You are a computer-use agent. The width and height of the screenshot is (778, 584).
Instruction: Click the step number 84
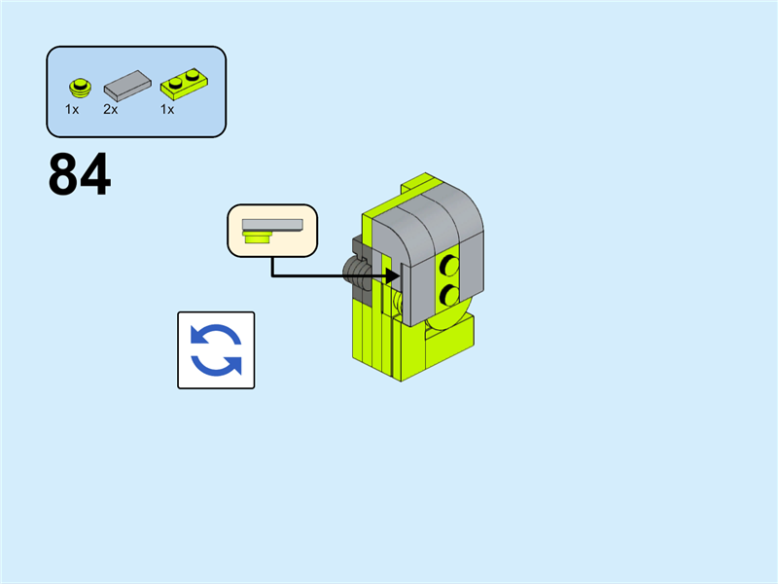click(x=79, y=175)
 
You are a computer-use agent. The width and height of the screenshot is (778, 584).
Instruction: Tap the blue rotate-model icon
click(x=216, y=350)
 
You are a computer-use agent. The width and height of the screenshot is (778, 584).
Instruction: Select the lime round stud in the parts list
click(x=79, y=88)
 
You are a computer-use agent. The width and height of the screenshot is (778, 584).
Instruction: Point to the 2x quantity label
click(x=111, y=110)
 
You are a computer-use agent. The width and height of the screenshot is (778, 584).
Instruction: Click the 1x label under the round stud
click(x=72, y=110)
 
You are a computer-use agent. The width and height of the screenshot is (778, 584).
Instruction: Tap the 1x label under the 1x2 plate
click(x=167, y=110)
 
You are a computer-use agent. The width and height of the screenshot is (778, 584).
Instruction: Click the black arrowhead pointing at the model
click(x=393, y=275)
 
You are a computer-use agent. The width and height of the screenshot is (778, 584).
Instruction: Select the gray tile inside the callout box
click(x=272, y=224)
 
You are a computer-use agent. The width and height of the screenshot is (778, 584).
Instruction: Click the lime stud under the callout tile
click(x=258, y=235)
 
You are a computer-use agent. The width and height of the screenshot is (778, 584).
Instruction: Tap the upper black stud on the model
click(x=449, y=264)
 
